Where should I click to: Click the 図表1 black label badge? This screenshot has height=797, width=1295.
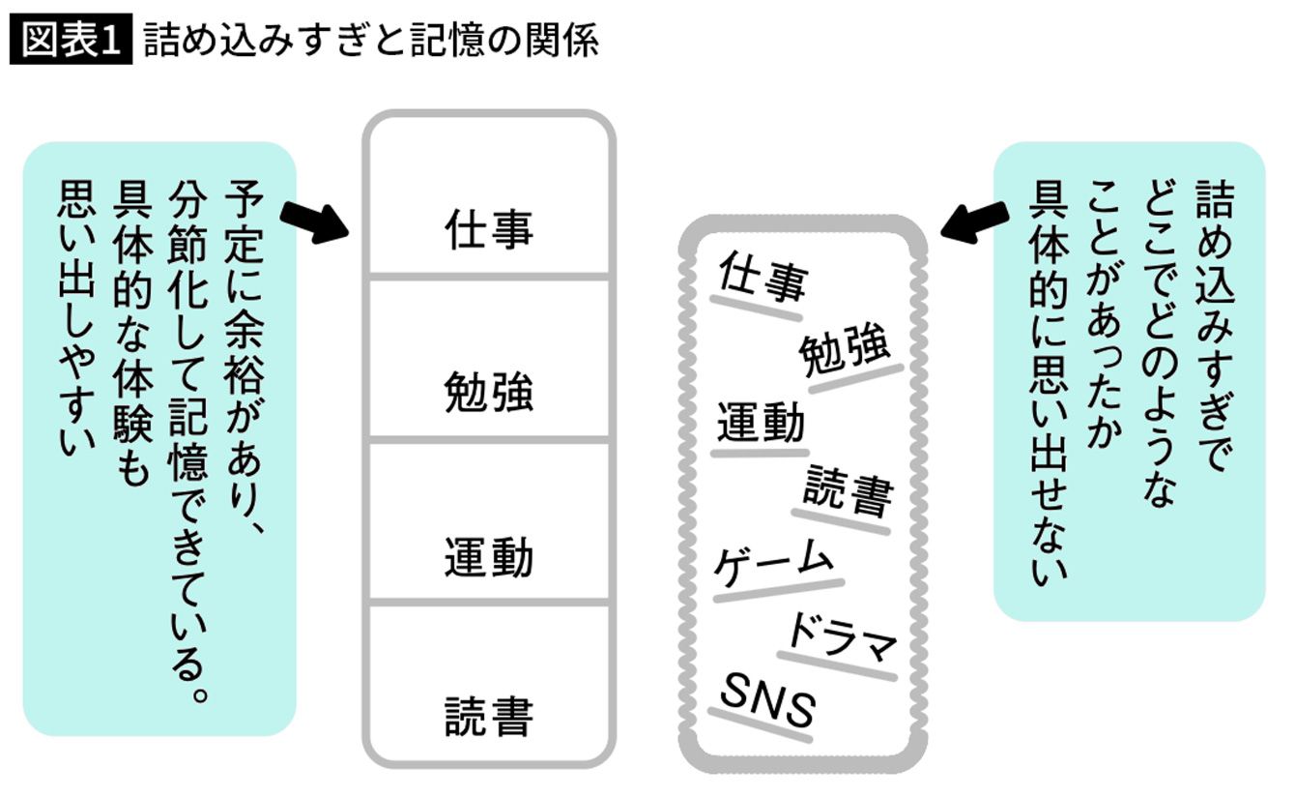[70, 42]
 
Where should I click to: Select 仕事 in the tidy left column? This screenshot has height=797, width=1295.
[489, 230]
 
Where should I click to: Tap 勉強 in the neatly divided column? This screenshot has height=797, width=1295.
[489, 394]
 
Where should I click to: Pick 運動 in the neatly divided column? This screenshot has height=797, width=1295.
[489, 558]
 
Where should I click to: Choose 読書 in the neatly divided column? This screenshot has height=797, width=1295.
[489, 718]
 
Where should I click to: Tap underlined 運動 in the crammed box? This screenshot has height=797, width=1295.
[761, 424]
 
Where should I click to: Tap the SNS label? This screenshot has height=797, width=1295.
[768, 703]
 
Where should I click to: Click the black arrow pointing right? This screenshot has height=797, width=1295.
[314, 221]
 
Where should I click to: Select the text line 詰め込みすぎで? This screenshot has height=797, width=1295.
[1211, 324]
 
